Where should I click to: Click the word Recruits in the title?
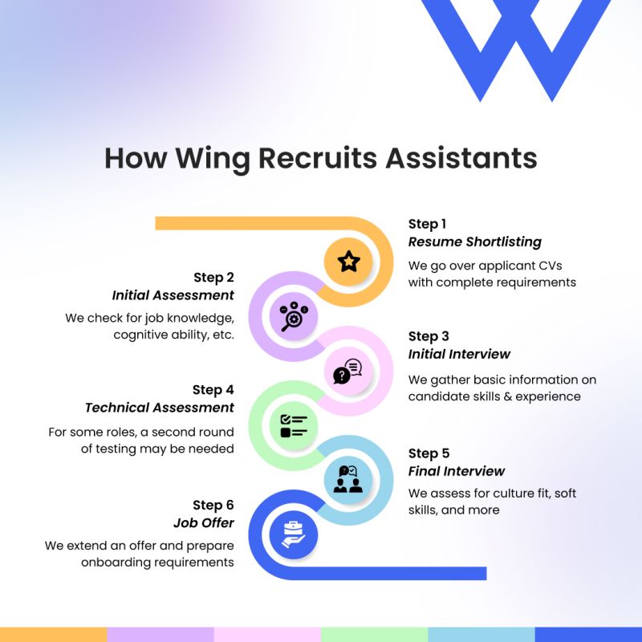pos(319,158)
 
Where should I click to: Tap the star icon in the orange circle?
pos(348,261)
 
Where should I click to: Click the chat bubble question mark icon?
pos(347,372)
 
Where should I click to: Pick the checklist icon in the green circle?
pos(293,425)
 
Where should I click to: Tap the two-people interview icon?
pos(347,479)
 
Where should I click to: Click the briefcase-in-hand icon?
pos(294,534)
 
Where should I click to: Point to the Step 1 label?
pos(427,224)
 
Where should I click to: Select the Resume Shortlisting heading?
pos(474,242)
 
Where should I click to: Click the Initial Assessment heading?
pos(173,295)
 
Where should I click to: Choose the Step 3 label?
pos(429,336)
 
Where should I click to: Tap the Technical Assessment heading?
pos(160,407)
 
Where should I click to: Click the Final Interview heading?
pos(457,471)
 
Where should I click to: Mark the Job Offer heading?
pos(204,522)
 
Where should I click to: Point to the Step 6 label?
pos(213,505)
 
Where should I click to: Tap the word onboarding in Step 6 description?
pos(114,563)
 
